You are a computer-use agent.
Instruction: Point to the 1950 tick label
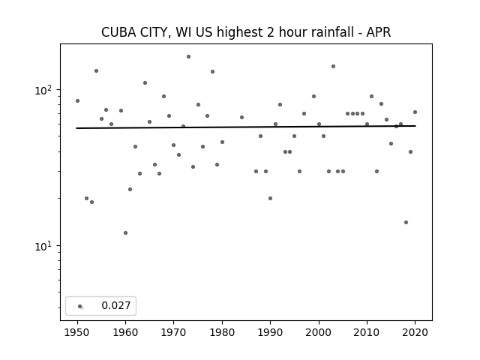click(77, 332)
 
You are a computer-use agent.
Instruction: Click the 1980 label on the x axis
click(222, 332)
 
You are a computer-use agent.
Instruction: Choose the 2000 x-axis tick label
click(319, 332)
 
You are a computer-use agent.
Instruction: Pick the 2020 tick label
click(415, 332)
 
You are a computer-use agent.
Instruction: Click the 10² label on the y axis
click(45, 90)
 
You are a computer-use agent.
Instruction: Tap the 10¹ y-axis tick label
click(45, 246)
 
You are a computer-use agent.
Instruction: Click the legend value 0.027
click(116, 305)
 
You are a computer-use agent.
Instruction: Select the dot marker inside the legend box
click(79, 306)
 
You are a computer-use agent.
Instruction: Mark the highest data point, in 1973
click(188, 57)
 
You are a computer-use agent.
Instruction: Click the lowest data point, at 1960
click(125, 233)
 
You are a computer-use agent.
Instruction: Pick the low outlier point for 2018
click(406, 222)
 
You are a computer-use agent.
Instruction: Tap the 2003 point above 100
click(333, 67)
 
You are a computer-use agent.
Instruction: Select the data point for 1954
click(97, 71)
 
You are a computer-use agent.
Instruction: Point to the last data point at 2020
click(415, 112)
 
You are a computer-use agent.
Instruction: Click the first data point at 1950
click(77, 100)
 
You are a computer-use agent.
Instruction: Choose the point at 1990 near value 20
click(270, 198)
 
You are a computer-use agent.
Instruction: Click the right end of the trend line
click(415, 126)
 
